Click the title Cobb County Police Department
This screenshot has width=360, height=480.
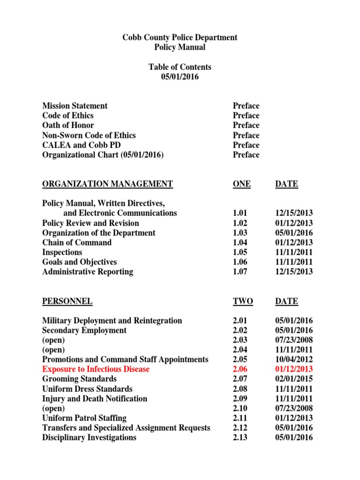pos(180,37)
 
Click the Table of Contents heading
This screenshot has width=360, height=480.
pos(180,67)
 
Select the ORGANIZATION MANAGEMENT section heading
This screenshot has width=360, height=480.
pos(107,184)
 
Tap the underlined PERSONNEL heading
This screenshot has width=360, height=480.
pos(67,301)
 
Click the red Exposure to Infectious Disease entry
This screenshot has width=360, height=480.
pos(96,369)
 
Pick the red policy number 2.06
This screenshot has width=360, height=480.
pos(240,369)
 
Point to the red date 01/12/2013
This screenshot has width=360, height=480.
pos(294,369)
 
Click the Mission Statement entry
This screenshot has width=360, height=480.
pos(75,106)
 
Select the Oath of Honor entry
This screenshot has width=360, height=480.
pos(68,125)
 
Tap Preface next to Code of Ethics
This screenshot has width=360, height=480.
pos(246,116)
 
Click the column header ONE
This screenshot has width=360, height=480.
pos(241,184)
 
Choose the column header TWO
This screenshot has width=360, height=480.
pos(242,301)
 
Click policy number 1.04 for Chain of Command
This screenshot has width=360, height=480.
pos(240,243)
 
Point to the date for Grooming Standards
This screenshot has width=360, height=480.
pos(294,379)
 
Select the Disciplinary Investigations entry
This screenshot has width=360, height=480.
pos(90,438)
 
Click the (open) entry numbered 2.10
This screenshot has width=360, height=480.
pos(53,408)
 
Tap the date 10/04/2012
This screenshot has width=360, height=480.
pos(294,360)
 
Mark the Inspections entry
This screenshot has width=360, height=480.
pos(62,252)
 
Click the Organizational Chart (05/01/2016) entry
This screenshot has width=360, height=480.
pos(103,155)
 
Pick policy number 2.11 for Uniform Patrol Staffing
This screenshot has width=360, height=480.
pos(240,418)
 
